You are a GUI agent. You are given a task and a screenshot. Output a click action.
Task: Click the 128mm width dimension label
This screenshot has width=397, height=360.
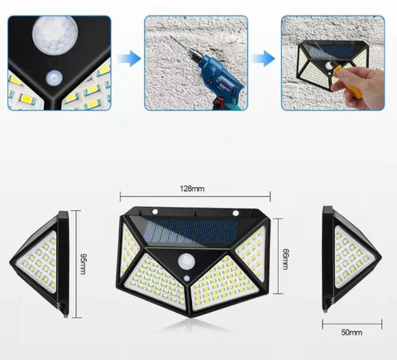pyautogui.click(x=192, y=189)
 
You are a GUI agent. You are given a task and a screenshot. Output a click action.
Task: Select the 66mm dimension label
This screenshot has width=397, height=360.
pyautogui.click(x=286, y=259)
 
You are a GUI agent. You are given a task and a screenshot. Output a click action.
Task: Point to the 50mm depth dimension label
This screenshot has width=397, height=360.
pyautogui.click(x=352, y=332)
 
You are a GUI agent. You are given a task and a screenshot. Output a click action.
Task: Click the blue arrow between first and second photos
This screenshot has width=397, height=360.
pyautogui.click(x=129, y=59)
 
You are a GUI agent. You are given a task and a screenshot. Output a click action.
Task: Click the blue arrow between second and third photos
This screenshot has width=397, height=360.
pyautogui.click(x=263, y=59)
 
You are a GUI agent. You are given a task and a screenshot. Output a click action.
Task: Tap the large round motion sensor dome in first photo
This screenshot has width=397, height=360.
pyautogui.click(x=55, y=35)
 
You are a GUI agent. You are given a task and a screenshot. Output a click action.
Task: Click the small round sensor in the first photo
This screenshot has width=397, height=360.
pyautogui.click(x=55, y=78)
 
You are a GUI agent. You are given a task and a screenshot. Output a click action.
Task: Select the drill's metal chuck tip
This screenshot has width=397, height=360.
pyautogui.click(x=193, y=54)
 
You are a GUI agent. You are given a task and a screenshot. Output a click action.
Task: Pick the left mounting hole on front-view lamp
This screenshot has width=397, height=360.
pyautogui.click(x=155, y=212)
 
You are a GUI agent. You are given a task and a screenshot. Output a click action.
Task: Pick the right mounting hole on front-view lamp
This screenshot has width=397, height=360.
pyautogui.click(x=236, y=214)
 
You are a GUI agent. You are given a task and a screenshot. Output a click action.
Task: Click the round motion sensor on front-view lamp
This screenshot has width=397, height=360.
pyautogui.click(x=186, y=262)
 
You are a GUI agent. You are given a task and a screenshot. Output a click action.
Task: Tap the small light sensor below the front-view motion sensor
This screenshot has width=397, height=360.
pyautogui.click(x=187, y=278)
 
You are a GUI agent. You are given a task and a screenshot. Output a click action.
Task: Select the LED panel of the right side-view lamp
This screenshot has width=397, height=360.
pyautogui.click(x=353, y=258)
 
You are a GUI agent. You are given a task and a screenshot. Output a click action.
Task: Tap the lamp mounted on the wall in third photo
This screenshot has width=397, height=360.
pyautogui.click(x=332, y=62)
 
